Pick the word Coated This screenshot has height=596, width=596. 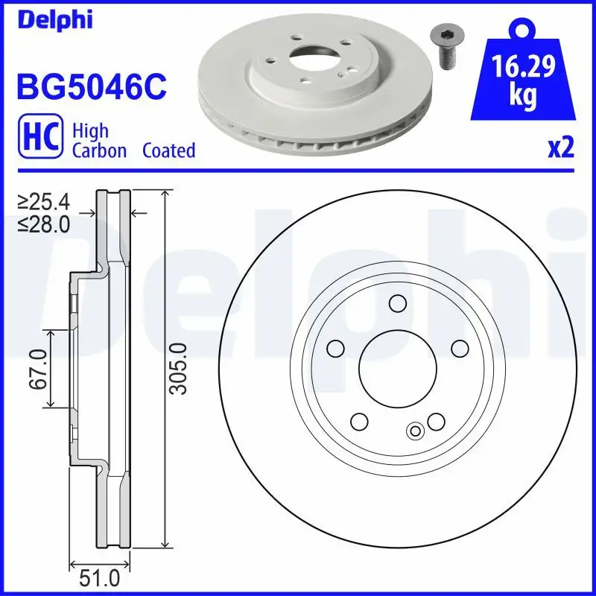(x=168, y=150)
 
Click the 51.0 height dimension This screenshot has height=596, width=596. (x=99, y=579)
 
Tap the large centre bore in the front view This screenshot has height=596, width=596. (x=397, y=366)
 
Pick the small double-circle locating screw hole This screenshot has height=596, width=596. (x=416, y=430)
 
